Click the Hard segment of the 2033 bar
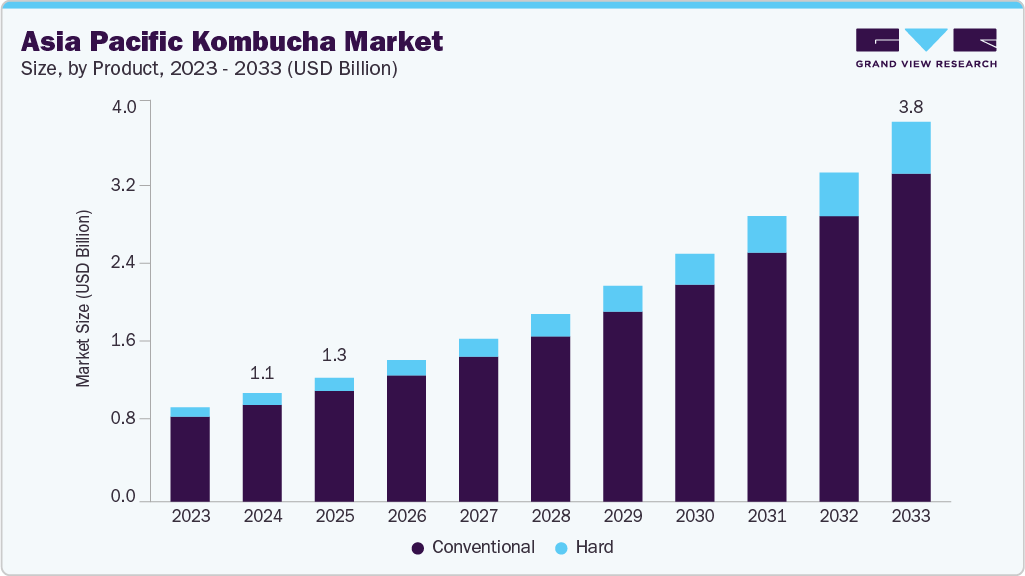[911, 148]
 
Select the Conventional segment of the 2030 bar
[695, 392]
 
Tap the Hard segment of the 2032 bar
[839, 194]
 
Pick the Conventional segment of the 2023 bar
[190, 458]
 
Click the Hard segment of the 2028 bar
[550, 325]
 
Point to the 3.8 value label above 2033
[911, 106]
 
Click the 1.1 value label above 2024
[262, 374]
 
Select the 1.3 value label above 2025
[334, 356]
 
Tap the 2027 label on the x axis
[478, 517]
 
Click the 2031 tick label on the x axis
[767, 517]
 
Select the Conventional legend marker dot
[418, 548]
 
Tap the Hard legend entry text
[594, 548]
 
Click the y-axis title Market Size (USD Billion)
[84, 299]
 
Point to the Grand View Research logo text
[926, 63]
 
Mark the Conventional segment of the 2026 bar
[406, 437]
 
